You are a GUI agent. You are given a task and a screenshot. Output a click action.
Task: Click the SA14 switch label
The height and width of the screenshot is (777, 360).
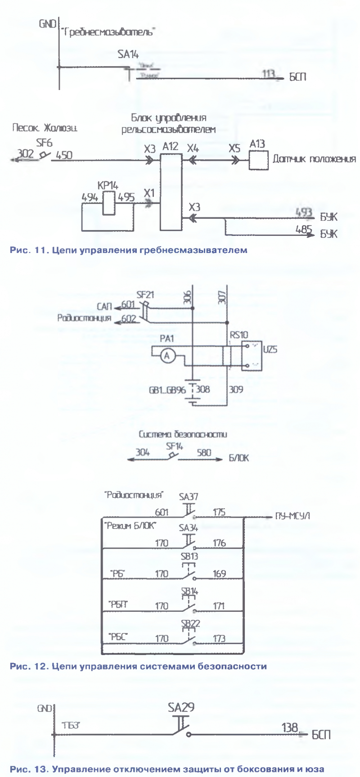128,54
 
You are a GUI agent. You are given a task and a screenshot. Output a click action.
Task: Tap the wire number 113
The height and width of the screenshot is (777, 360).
268,73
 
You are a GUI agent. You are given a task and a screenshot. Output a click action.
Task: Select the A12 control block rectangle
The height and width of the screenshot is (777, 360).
171,191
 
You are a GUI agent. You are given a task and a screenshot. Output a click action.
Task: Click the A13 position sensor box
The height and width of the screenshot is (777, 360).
259,160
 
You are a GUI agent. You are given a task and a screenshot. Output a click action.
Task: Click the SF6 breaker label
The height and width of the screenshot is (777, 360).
44,143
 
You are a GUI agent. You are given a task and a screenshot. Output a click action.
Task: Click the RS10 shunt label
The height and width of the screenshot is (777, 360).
238,335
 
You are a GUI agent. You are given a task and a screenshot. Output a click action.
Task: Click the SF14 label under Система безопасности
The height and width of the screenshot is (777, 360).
175,447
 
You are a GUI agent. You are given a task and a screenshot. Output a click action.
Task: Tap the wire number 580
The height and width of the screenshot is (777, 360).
204,453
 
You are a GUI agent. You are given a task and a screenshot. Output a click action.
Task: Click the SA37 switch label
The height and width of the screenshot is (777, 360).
188,497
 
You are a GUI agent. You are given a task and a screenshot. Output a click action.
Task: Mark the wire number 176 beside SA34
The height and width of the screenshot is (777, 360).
219,543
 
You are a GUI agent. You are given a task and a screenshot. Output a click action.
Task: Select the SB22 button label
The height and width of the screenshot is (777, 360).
190,623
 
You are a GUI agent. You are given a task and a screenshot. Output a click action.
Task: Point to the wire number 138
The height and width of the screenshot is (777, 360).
290,727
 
